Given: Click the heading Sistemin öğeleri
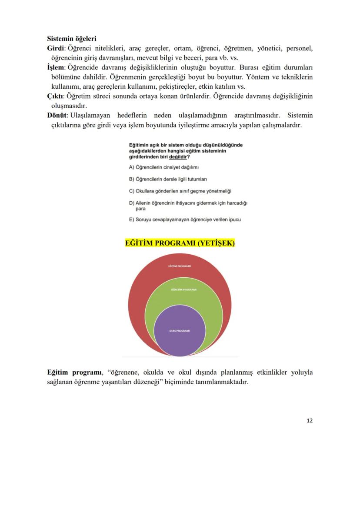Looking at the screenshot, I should pyautogui.click(x=71, y=39).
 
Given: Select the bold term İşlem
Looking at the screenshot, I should pyautogui.click(x=56, y=68).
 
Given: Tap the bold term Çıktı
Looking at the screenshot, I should pyautogui.click(x=55, y=96).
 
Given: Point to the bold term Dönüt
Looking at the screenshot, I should pyautogui.click(x=57, y=115).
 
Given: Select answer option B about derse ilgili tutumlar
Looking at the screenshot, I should pyautogui.click(x=168, y=179).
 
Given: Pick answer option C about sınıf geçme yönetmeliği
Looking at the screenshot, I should pyautogui.click(x=180, y=191).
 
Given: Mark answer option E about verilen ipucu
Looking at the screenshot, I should pyautogui.click(x=185, y=220).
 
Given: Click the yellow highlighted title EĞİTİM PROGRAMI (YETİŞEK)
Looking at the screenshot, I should pyautogui.click(x=180, y=243).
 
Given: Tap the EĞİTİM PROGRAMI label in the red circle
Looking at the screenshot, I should pyautogui.click(x=180, y=266).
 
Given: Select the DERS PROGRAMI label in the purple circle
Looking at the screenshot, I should pyautogui.click(x=180, y=330).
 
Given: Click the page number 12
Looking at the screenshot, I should pyautogui.click(x=309, y=420).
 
